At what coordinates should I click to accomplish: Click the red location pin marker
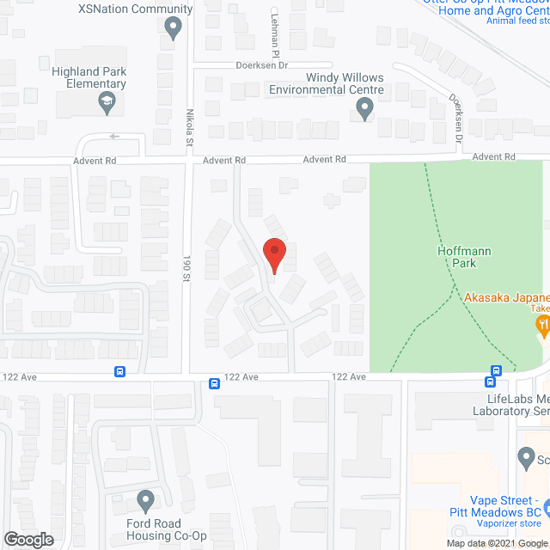pyautogui.click(x=273, y=254)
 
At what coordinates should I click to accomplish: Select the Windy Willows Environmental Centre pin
pyautogui.click(x=364, y=108)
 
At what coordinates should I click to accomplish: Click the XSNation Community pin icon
pyautogui.click(x=174, y=28)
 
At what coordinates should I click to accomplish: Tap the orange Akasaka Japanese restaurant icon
pyautogui.click(x=542, y=324)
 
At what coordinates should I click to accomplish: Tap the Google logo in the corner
pyautogui.click(x=27, y=539)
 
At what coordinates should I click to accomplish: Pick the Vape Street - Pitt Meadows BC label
pyautogui.click(x=504, y=506)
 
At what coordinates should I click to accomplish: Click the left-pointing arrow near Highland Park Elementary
pyautogui.click(x=114, y=136)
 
